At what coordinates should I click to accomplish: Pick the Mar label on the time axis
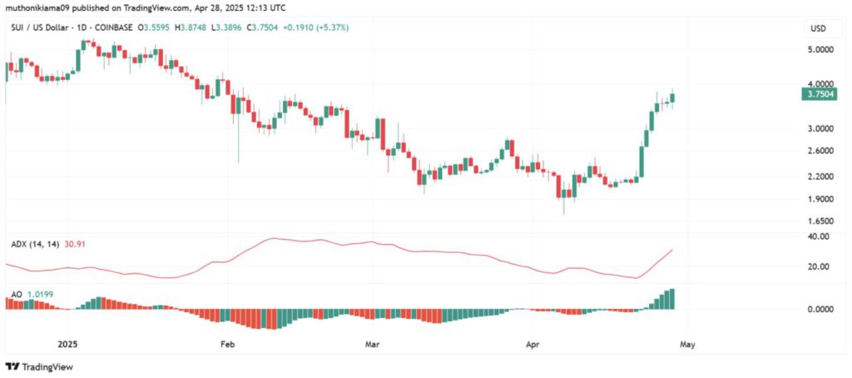[x=372, y=342]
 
